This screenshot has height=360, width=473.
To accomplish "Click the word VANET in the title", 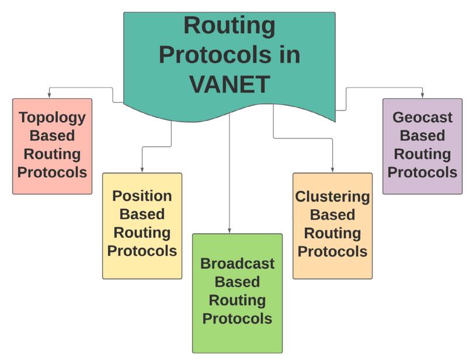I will point(229,84).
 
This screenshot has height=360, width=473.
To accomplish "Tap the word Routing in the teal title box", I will point(229,26).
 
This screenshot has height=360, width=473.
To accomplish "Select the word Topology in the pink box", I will point(52,117).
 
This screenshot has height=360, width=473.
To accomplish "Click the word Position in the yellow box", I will point(142,195).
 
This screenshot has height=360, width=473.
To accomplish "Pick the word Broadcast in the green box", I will point(237,263).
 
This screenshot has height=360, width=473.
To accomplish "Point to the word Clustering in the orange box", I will point(332,196).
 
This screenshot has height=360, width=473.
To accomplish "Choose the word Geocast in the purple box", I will point(422,117).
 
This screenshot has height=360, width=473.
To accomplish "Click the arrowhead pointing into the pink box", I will point(50,95).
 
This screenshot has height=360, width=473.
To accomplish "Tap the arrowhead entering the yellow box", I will point(142,169).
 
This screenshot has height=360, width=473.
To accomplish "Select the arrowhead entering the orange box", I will point(332,169).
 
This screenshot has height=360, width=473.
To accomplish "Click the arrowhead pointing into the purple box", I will point(422,95).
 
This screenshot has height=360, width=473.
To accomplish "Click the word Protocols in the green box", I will point(237,319).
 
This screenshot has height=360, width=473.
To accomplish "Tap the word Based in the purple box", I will point(422,136).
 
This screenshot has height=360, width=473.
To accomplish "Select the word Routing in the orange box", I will point(332,233).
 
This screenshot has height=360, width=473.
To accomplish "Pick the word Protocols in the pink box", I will point(52,172).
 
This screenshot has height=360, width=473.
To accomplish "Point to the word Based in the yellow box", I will point(142,214).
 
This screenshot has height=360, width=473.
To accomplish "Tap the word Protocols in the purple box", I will point(422,172).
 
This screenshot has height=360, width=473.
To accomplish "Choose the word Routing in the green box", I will point(237,300).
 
